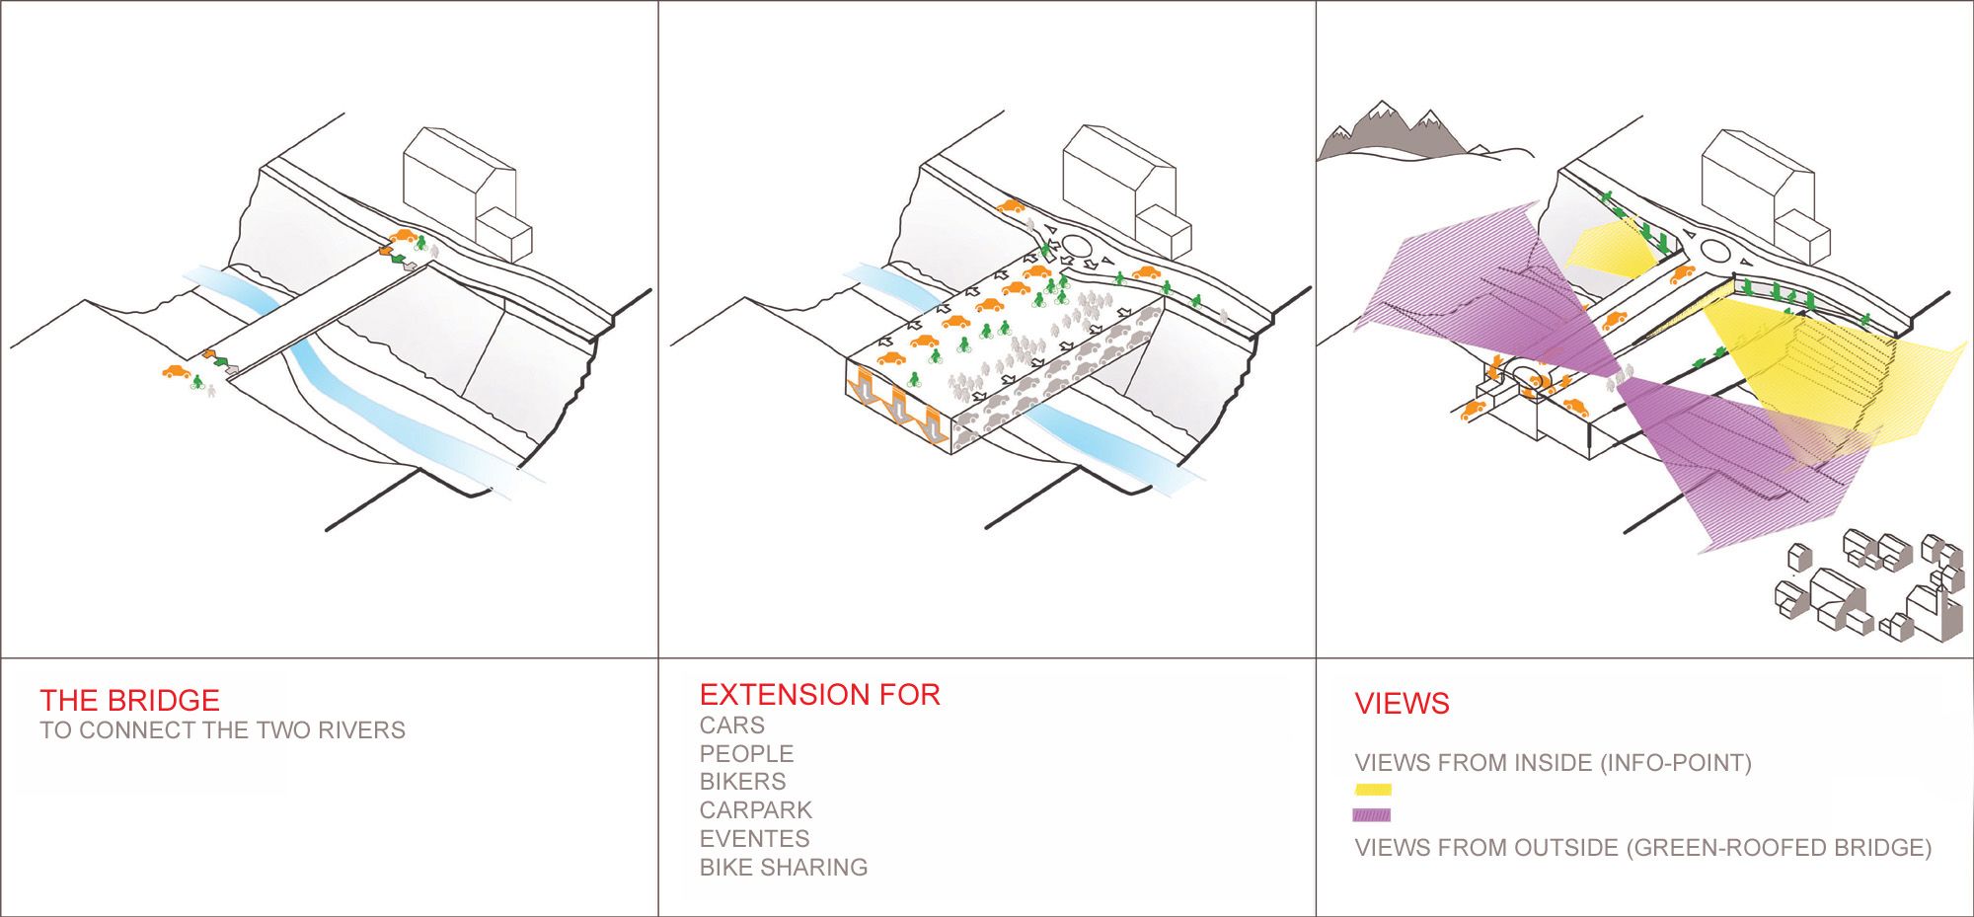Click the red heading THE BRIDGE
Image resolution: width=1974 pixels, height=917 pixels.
point(129,700)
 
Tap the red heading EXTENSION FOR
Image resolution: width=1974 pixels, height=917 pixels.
point(819,695)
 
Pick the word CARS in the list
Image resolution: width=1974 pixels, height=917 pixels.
point(731,726)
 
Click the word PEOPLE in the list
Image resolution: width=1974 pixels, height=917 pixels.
point(746,754)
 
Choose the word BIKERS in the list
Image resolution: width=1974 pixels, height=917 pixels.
point(742,782)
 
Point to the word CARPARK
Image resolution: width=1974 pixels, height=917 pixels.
point(755,810)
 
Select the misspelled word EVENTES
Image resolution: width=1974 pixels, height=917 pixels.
point(754,839)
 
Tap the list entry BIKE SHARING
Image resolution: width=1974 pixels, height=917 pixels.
point(784,868)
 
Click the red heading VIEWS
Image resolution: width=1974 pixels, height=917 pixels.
point(1402,704)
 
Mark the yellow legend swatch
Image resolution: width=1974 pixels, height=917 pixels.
point(1373,790)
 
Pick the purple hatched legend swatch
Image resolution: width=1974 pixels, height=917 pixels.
point(1372,815)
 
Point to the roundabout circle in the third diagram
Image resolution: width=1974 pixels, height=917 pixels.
point(1716,253)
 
